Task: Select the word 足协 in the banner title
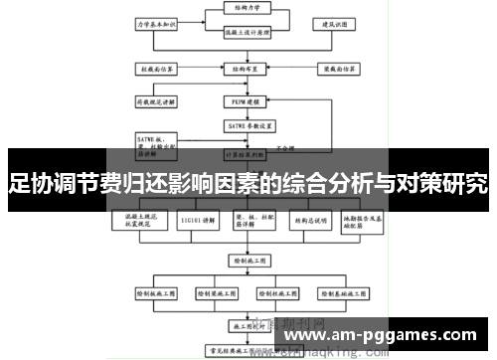30,183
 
